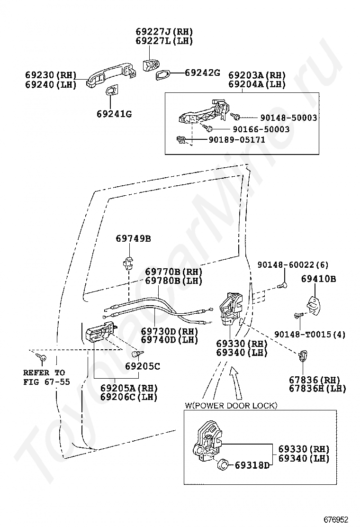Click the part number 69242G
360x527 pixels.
[x=203, y=72]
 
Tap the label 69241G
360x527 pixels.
[x=114, y=114]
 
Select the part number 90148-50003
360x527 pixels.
[x=289, y=118]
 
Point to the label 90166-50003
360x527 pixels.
[x=261, y=129]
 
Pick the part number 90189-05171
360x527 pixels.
[x=237, y=139]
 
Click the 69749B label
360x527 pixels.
[x=133, y=238]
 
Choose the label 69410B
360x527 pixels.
[x=318, y=279]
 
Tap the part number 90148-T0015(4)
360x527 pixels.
[x=310, y=334]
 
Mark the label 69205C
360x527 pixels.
[x=143, y=366]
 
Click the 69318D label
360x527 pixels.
[x=252, y=465]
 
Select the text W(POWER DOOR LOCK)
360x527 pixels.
[x=231, y=405]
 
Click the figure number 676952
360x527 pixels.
[x=336, y=519]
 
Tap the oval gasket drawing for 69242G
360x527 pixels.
[x=164, y=74]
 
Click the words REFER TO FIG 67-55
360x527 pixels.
[x=47, y=377]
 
